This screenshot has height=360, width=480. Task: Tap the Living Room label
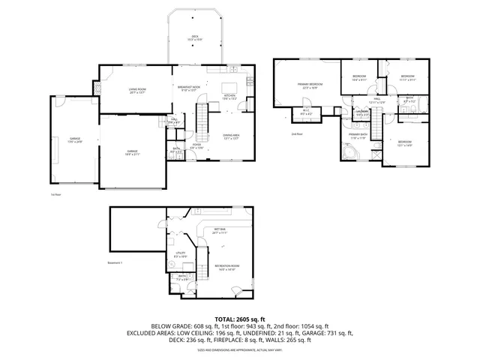click(x=136, y=91)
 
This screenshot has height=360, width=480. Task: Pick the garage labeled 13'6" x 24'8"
click(x=75, y=139)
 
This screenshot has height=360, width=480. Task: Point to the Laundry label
click(x=362, y=113)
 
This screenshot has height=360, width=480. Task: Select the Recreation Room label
click(x=226, y=268)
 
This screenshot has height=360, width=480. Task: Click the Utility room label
click(x=181, y=255)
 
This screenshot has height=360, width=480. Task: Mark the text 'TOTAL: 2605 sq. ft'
click(x=240, y=319)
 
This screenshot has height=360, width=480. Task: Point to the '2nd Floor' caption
click(x=297, y=134)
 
